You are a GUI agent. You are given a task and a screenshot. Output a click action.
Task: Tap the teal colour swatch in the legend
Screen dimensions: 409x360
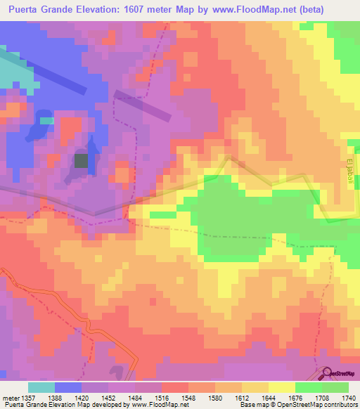[41, 387]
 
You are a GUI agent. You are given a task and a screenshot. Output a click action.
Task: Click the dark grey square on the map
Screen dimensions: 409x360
[82, 161]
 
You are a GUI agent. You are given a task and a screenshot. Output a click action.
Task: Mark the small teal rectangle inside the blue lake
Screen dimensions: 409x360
[46, 120]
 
